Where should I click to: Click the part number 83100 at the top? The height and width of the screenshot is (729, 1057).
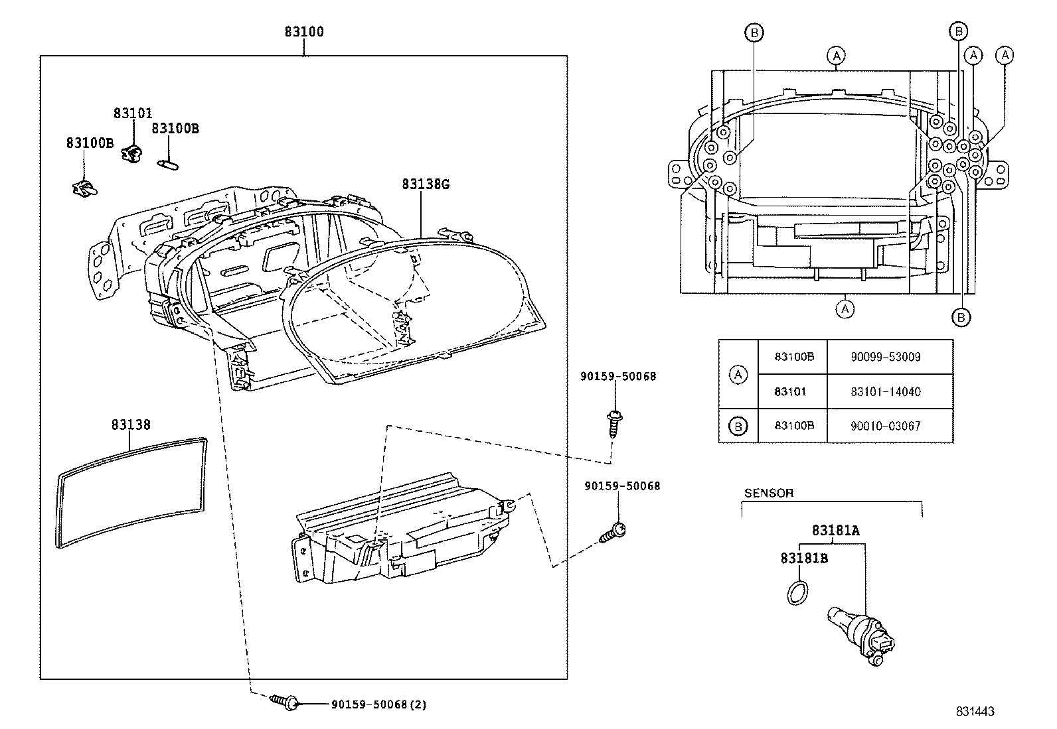pos(304,32)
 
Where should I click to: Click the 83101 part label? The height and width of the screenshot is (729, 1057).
pos(133,113)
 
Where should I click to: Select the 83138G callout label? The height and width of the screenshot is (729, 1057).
pos(425,184)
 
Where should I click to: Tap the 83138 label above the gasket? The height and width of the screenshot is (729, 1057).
pos(131,425)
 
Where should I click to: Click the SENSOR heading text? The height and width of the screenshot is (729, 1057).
pos(768,494)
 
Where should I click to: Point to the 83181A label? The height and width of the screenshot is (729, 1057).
pos(835,531)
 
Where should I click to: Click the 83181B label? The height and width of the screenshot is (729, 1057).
pos(803,559)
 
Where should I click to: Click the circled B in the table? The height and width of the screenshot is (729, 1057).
pos(738,427)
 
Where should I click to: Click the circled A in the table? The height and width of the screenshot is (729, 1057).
pos(738,375)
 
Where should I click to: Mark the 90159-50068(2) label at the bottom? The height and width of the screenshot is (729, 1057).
pos(378,705)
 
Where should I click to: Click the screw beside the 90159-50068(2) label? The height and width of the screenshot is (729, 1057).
pos(286,702)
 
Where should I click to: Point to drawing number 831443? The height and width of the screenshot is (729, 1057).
pos(975,712)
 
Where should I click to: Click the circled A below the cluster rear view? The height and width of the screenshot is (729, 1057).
pos(845,308)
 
